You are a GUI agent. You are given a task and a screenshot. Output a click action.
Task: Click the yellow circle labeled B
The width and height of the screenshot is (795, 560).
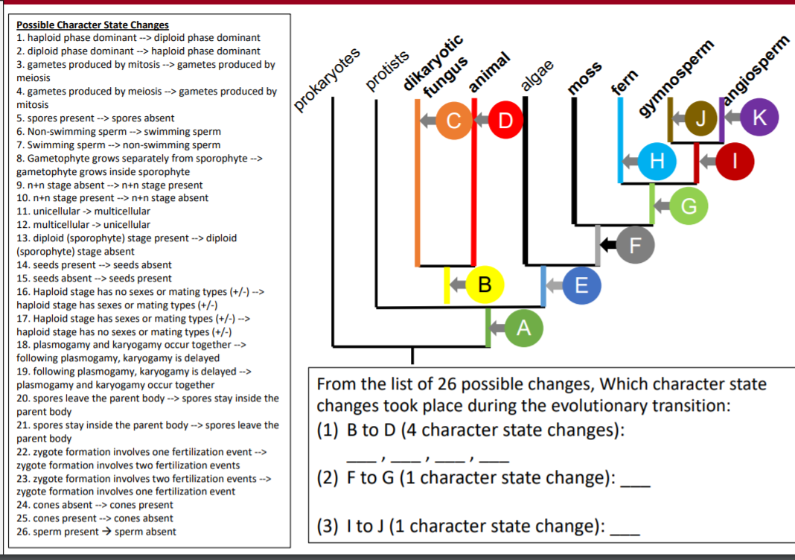coord(485,284)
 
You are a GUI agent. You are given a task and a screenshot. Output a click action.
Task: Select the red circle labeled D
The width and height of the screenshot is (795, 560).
coord(505,120)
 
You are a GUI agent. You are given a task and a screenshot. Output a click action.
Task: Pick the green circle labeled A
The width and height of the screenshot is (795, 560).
coord(523,328)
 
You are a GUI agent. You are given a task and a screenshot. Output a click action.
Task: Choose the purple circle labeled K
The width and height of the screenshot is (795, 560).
coord(759,118)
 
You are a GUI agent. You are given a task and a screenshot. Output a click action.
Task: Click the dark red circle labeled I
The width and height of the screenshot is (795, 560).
coord(735,160)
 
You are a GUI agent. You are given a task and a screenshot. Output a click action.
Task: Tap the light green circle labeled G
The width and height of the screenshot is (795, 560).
coord(689,206)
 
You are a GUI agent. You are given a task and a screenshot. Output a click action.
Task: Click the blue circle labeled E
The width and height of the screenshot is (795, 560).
coord(582,284)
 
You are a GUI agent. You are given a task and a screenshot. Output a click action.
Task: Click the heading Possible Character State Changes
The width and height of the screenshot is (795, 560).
coord(92,25)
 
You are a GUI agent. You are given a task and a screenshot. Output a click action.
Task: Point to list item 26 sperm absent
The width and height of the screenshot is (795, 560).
coord(96,531)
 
